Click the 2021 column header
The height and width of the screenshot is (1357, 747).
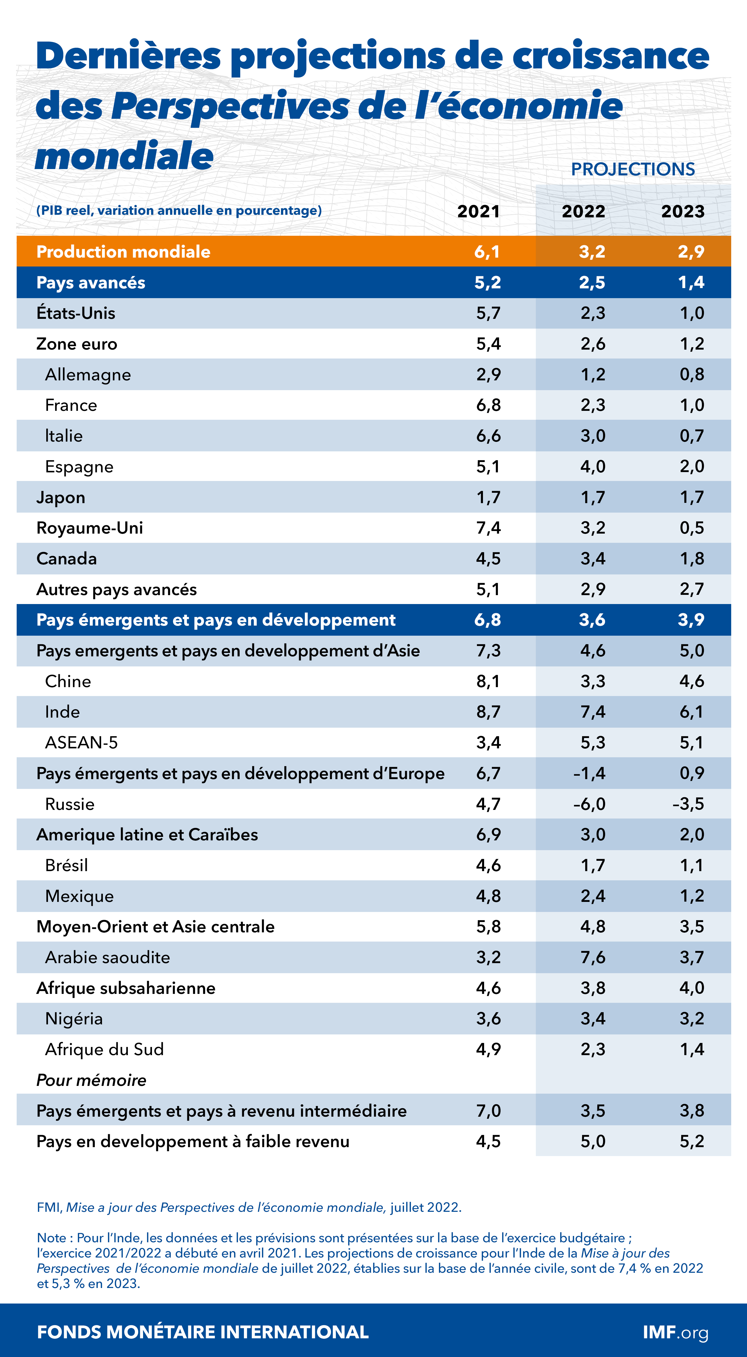pos(478,211)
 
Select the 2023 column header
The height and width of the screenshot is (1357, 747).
pos(682,211)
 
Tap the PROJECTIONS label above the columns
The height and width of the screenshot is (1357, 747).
pos(633,169)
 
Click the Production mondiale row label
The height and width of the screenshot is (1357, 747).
pos(123,252)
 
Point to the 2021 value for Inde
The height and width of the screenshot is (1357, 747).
pos(488,712)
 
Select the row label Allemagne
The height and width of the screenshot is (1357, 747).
pos(88,375)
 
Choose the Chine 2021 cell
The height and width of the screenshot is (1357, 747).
pos(488,681)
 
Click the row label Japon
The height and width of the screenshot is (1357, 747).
pos(61,497)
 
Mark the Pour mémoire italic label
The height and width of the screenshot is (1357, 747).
pos(91,1080)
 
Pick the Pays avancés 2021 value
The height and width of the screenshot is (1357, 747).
pos(488,282)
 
